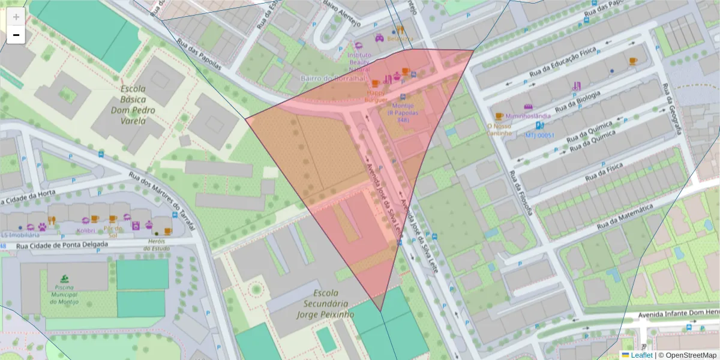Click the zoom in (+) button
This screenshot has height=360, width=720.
pos(16,17)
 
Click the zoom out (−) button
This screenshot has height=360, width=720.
pos(16,35)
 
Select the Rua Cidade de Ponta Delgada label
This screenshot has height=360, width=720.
pos(62,245)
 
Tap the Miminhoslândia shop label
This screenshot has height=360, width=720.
pos(528,115)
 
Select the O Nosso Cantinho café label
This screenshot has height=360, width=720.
pos(499,129)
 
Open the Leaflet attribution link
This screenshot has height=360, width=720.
pos(641,355)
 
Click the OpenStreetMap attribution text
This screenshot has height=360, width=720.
pos(691,355)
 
